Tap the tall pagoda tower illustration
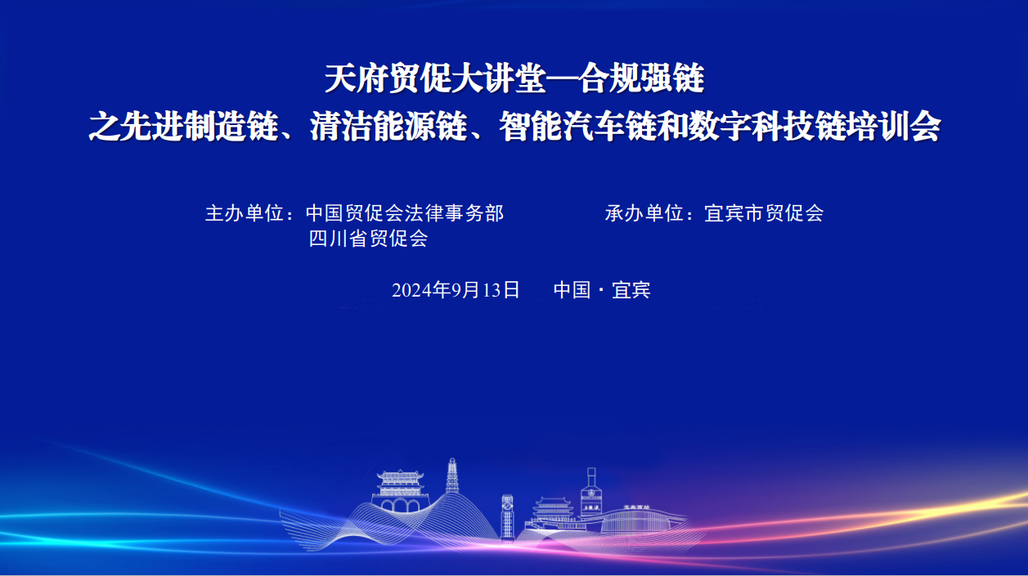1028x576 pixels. (x=452, y=476)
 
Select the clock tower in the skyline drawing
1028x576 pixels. (x=507, y=516)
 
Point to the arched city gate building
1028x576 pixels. (x=400, y=491)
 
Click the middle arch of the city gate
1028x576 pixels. (x=400, y=506)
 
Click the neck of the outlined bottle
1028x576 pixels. (x=591, y=478)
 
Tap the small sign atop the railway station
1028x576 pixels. (x=636, y=507)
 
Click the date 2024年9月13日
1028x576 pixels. (x=456, y=290)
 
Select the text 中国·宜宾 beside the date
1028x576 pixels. (x=602, y=290)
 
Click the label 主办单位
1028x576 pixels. (x=245, y=213)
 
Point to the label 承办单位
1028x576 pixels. (x=644, y=213)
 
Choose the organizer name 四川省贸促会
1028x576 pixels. (x=368, y=239)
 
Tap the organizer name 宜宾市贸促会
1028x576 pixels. (x=764, y=213)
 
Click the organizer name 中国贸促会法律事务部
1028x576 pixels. (x=405, y=213)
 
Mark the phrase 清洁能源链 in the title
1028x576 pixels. (x=388, y=126)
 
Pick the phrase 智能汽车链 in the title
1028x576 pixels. (x=578, y=126)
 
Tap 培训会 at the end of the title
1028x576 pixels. (x=893, y=126)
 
